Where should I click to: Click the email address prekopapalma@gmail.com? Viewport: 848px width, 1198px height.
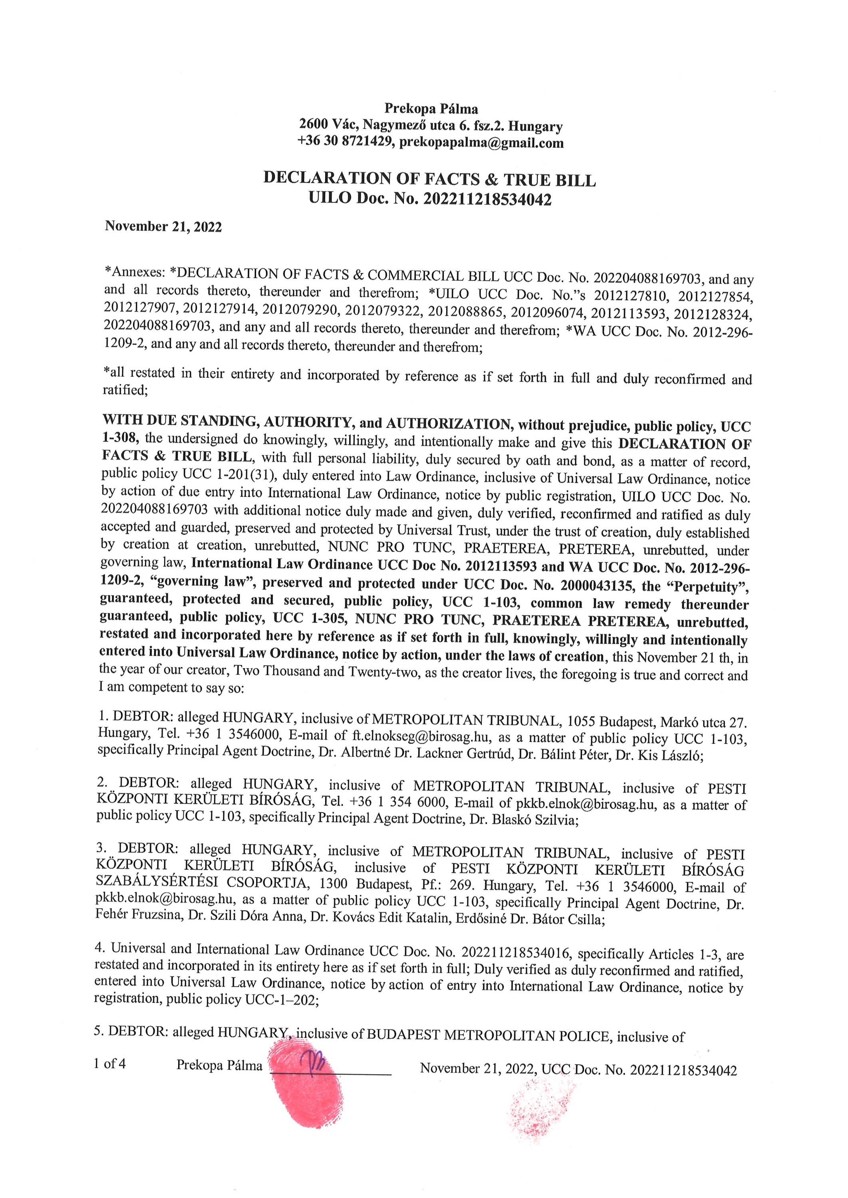click(x=481, y=143)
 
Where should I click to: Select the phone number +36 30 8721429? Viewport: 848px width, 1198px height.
click(x=345, y=141)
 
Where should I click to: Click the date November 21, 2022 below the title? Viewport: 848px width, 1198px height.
click(x=163, y=226)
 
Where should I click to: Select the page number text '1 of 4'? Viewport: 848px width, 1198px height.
click(x=110, y=1064)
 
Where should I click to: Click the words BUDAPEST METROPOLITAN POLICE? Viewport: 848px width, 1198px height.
click(x=488, y=1035)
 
